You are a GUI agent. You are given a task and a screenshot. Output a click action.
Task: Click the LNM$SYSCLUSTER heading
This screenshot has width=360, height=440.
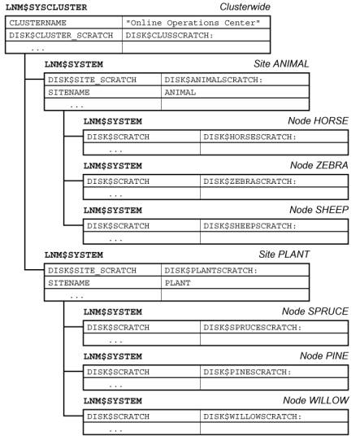click(46, 7)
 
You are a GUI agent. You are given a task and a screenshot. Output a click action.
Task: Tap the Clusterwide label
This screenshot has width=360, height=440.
click(245, 7)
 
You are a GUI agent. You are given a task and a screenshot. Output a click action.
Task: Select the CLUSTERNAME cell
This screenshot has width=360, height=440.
click(37, 23)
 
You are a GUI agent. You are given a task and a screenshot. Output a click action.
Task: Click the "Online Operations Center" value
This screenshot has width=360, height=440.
click(193, 23)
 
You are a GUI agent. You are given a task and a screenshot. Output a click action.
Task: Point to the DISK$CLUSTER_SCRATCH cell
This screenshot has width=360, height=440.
click(61, 35)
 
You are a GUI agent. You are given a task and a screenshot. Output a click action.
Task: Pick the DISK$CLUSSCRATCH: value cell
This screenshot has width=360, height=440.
click(169, 35)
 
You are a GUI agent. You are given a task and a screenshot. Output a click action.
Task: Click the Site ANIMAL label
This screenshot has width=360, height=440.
click(281, 63)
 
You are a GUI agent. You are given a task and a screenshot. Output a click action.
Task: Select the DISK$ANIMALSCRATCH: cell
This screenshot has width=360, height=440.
click(214, 80)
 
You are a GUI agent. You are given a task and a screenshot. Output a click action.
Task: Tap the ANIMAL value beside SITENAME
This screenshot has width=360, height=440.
click(180, 93)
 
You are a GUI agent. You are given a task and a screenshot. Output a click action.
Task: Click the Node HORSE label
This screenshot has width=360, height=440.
click(318, 120)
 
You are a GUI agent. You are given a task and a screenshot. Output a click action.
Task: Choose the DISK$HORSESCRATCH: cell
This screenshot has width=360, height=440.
click(249, 137)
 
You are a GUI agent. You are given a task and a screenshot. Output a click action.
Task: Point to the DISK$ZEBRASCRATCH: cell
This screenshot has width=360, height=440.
click(249, 181)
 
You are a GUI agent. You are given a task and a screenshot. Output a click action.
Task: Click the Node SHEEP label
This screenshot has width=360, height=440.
click(319, 210)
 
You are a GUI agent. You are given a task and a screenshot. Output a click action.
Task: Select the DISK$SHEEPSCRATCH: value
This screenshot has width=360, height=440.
click(249, 226)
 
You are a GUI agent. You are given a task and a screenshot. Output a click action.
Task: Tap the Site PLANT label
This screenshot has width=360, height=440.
click(284, 255)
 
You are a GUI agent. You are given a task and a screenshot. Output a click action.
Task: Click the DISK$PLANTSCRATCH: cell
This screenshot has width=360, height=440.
click(210, 271)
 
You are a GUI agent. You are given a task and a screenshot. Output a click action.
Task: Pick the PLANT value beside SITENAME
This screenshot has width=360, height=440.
click(177, 283)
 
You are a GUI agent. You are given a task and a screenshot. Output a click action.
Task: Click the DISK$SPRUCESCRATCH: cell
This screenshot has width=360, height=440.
click(253, 328)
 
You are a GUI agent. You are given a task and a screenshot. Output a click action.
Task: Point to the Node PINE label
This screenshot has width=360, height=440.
click(323, 355)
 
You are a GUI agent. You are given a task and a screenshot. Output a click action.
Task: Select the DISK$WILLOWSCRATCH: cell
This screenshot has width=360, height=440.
click(253, 416)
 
